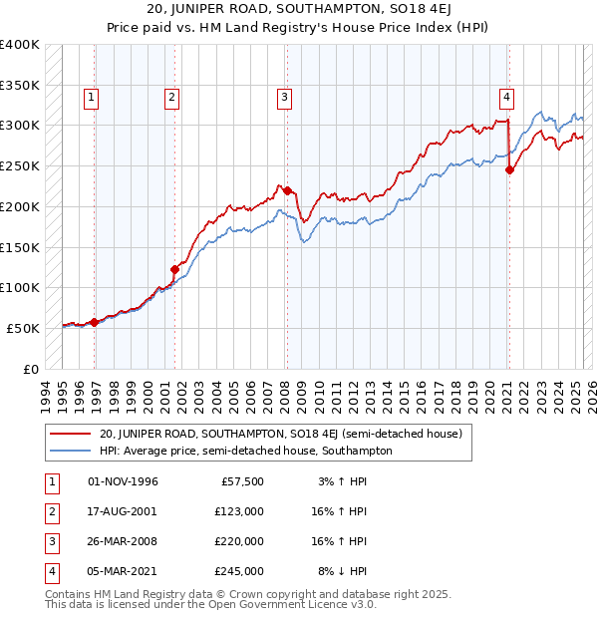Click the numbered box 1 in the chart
(x=91, y=97)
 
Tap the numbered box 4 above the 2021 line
(x=507, y=97)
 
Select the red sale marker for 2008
(x=287, y=190)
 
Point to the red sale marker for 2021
(x=509, y=169)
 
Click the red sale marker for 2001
(x=174, y=268)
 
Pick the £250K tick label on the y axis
(x=20, y=165)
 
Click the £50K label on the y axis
(x=24, y=328)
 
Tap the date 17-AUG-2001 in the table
(x=124, y=511)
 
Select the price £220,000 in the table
(x=239, y=541)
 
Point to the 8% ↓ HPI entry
(x=343, y=571)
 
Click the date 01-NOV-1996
(x=124, y=481)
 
